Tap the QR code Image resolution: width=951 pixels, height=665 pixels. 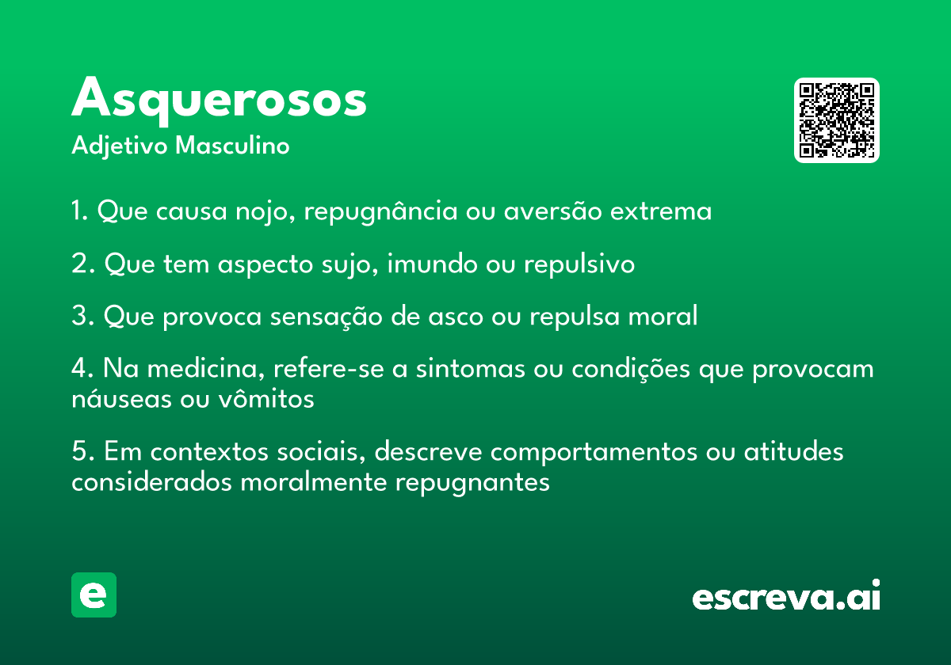tap(836, 120)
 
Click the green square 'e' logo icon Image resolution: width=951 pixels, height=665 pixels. tap(94, 595)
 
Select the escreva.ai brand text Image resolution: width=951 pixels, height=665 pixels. tap(786, 595)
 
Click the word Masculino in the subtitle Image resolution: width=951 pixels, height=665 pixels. tap(232, 146)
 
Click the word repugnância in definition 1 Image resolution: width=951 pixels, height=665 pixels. tap(380, 211)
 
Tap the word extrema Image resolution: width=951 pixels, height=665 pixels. tap(661, 211)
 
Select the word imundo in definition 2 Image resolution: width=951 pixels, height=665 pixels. tap(432, 264)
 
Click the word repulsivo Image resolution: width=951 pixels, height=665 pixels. tap(579, 264)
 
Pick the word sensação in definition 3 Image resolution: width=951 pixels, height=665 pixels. tap(326, 317)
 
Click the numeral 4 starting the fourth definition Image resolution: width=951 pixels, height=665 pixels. tap(79, 367)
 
